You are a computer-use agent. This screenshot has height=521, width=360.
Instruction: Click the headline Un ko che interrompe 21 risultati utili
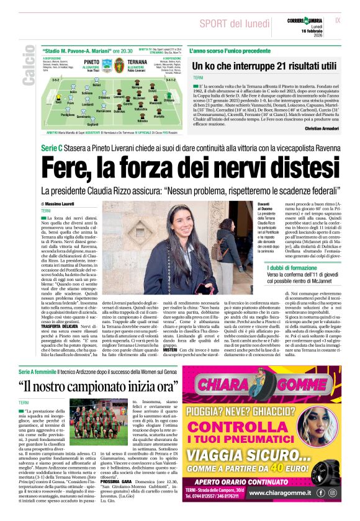(263, 66)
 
